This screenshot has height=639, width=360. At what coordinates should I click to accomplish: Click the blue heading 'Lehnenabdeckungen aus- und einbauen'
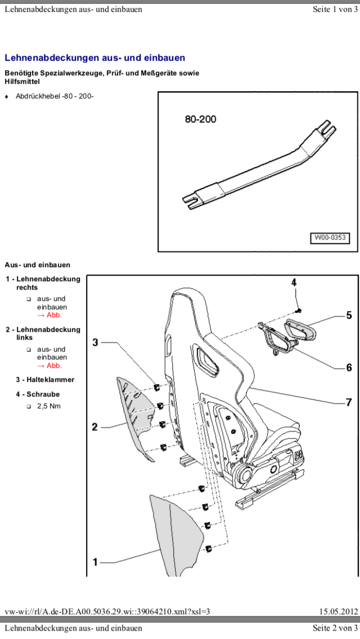point(94,58)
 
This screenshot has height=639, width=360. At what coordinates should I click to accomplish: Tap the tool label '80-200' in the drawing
point(200,119)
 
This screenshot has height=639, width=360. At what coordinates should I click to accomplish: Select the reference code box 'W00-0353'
point(330,238)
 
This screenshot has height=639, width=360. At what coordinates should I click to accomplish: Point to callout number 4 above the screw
point(294,282)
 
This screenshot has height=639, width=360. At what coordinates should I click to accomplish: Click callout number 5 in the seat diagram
point(349,316)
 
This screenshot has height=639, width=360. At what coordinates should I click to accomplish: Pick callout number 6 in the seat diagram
point(349,367)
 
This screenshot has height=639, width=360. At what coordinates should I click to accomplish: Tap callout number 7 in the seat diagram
point(349,402)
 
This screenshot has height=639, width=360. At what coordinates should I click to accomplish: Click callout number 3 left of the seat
point(96,342)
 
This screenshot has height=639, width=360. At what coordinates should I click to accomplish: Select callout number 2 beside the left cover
point(95,427)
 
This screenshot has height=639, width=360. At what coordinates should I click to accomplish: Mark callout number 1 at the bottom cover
point(96,561)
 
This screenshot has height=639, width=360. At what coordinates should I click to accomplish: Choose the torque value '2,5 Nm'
point(48,406)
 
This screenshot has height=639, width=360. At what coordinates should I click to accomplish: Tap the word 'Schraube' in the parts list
point(43,394)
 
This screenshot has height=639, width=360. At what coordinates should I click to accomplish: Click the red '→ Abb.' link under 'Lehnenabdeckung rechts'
point(49,315)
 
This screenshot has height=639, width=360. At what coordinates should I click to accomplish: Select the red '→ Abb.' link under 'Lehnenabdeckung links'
point(49,366)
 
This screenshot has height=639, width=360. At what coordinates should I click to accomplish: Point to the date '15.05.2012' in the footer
point(338,612)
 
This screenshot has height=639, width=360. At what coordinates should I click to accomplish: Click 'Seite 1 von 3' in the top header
point(335,10)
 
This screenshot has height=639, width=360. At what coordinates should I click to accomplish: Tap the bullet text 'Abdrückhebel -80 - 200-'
point(55,96)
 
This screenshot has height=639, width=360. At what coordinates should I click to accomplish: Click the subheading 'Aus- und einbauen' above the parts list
point(37,265)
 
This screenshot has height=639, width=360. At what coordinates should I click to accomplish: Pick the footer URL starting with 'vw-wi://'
point(107,612)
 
